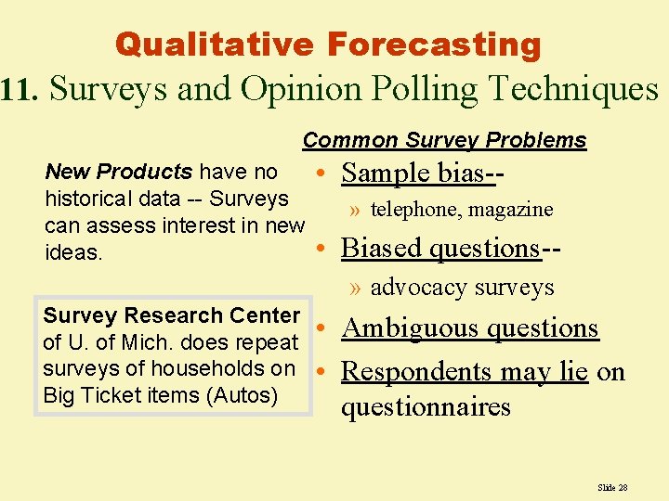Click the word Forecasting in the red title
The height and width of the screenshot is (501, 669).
click(434, 44)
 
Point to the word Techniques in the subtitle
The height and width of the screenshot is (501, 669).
click(572, 89)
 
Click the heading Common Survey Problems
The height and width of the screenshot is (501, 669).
click(444, 140)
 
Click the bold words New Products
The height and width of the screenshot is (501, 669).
click(118, 172)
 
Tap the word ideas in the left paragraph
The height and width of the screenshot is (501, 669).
click(73, 252)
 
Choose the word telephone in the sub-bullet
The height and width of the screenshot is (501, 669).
click(415, 211)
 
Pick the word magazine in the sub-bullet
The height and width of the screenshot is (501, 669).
click(510, 211)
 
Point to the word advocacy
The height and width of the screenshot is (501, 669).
click(413, 288)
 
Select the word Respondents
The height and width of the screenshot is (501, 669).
click(414, 371)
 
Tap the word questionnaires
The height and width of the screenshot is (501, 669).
click(426, 406)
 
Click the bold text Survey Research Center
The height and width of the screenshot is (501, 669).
click(171, 315)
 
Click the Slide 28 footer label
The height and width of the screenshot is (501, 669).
click(612, 487)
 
